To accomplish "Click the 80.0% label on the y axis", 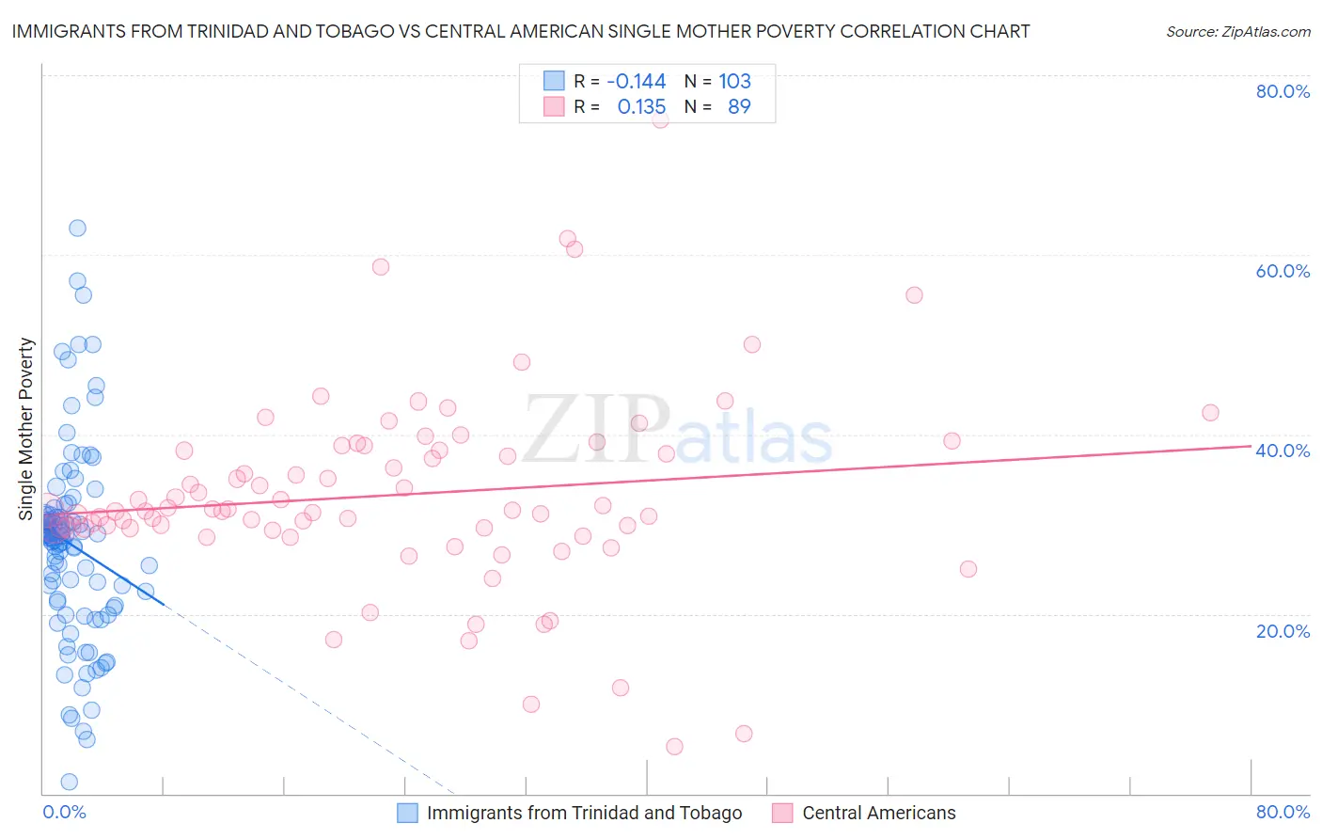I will [x=1283, y=91].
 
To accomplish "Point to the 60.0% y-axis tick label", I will [x=1283, y=271].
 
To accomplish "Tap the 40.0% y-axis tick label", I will [x=1283, y=451].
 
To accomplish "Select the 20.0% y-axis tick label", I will [x=1283, y=630].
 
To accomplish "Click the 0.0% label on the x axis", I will [x=64, y=812].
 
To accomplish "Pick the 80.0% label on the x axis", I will [x=1283, y=812].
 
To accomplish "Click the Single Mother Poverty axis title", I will [x=26, y=429].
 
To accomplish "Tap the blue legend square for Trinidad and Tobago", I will [x=407, y=813].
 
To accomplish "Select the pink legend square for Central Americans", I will [x=782, y=813].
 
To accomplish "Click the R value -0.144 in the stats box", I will [x=636, y=81].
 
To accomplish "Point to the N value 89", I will [x=739, y=106].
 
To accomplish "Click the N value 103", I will [x=734, y=81].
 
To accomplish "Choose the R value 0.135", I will [x=641, y=106].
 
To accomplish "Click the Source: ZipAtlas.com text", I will [x=1237, y=31].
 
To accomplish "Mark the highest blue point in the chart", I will [x=77, y=228].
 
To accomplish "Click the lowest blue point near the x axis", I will [x=69, y=782].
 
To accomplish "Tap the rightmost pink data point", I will [x=1210, y=413].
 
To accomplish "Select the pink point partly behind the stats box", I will [x=660, y=119].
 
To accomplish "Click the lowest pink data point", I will [x=674, y=747].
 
